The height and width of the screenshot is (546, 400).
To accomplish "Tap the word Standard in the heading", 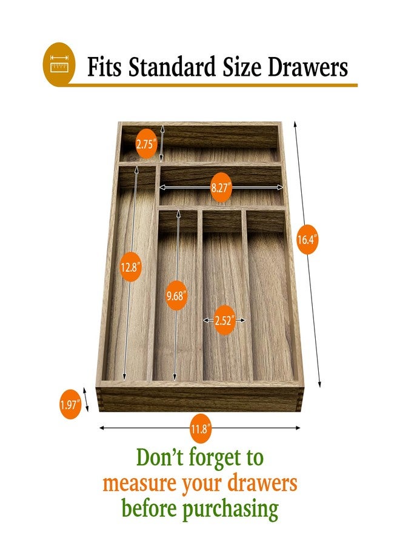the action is (x=172, y=67).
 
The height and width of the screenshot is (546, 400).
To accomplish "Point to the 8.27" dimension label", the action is (x=221, y=187).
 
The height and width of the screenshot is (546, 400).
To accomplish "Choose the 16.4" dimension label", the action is (x=307, y=240).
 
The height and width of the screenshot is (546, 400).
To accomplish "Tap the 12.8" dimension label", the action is (x=130, y=267).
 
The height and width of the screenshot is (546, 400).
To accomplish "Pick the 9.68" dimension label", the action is (x=176, y=295).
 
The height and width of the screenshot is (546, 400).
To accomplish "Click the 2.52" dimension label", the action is (x=224, y=320).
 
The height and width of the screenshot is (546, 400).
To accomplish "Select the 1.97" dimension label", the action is (x=70, y=404).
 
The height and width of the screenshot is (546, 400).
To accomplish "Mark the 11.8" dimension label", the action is (x=201, y=429).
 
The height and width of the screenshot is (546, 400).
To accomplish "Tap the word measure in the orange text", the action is (x=139, y=484).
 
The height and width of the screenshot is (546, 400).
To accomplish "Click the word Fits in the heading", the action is (x=104, y=67).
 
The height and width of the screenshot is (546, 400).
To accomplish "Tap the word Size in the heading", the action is (x=242, y=67).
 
